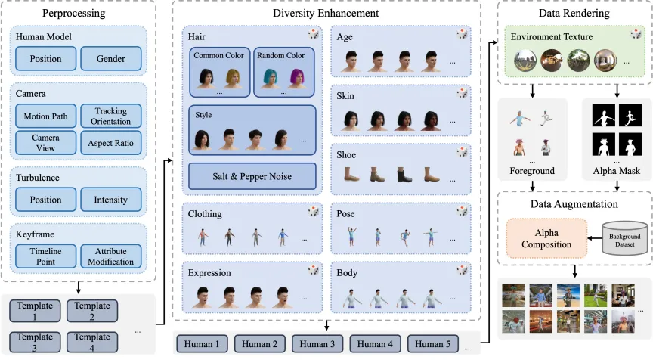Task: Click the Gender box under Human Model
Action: (x=111, y=59)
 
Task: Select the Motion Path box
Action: (x=46, y=116)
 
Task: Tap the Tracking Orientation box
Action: (x=111, y=116)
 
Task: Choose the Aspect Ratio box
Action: (x=111, y=143)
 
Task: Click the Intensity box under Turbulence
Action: (x=111, y=200)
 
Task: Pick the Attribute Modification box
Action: (x=111, y=256)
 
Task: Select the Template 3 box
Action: (x=35, y=342)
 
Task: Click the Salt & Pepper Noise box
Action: (x=252, y=176)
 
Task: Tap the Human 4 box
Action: (x=375, y=344)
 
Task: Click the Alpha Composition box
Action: (x=546, y=239)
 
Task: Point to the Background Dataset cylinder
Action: (x=625, y=238)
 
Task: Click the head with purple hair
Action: (x=297, y=79)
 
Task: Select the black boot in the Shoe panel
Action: (x=404, y=175)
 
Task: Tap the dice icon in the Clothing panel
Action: (x=314, y=212)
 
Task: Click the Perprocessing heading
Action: (x=74, y=14)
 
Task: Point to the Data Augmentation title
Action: (x=574, y=204)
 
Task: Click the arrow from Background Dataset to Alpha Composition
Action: (x=595, y=239)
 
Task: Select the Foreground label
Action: (x=532, y=171)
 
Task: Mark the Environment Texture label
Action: (x=552, y=36)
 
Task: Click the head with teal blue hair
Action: (x=271, y=79)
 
